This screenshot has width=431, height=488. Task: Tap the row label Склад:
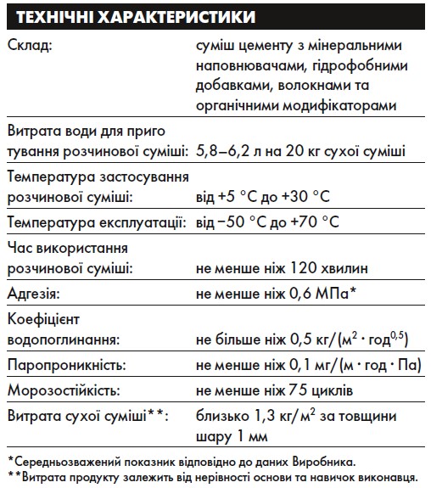(30, 46)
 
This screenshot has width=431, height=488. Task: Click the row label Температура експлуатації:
(97, 223)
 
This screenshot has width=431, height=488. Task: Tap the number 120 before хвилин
(302, 267)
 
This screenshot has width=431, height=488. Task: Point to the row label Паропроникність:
(66, 366)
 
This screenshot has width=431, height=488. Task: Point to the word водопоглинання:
(63, 339)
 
